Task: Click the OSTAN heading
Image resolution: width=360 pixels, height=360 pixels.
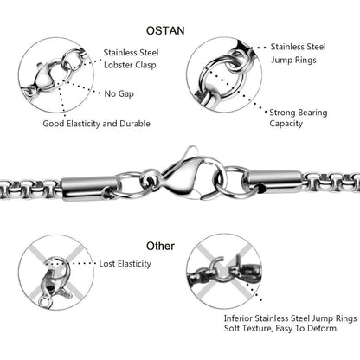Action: (x=165, y=30)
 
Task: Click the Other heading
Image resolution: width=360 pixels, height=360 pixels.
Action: (x=160, y=246)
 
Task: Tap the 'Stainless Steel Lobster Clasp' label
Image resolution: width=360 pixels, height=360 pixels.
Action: (x=131, y=59)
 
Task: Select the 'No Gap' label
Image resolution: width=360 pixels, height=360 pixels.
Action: (x=119, y=93)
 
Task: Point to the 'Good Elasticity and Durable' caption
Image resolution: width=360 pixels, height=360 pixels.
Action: (x=96, y=124)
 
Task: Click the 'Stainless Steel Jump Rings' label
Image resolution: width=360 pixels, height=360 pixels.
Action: (x=298, y=54)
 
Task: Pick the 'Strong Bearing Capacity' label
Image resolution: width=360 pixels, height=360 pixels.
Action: (x=299, y=118)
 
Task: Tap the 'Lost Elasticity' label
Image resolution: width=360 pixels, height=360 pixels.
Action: (x=125, y=264)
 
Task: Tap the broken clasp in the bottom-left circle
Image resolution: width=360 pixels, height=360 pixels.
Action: (x=55, y=283)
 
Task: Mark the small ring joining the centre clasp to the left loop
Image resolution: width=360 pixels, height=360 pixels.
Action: (x=151, y=179)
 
